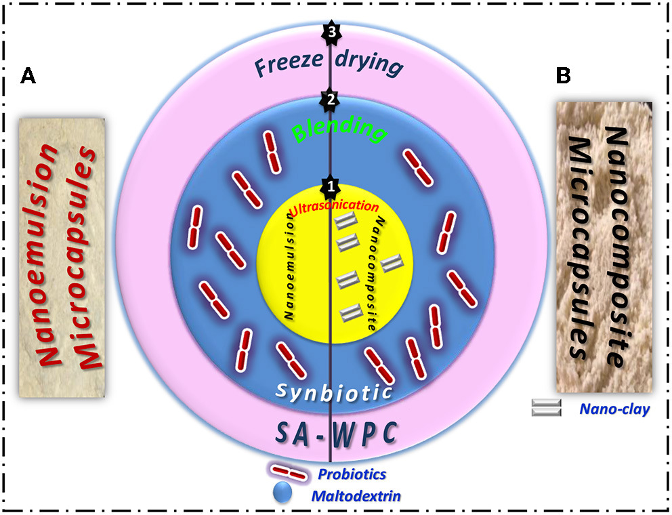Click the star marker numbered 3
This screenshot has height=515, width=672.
pos(331,33)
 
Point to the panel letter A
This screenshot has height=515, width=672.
pos(28,77)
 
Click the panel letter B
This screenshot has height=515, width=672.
pos(564,77)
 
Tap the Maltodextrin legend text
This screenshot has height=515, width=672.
pos(356,496)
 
